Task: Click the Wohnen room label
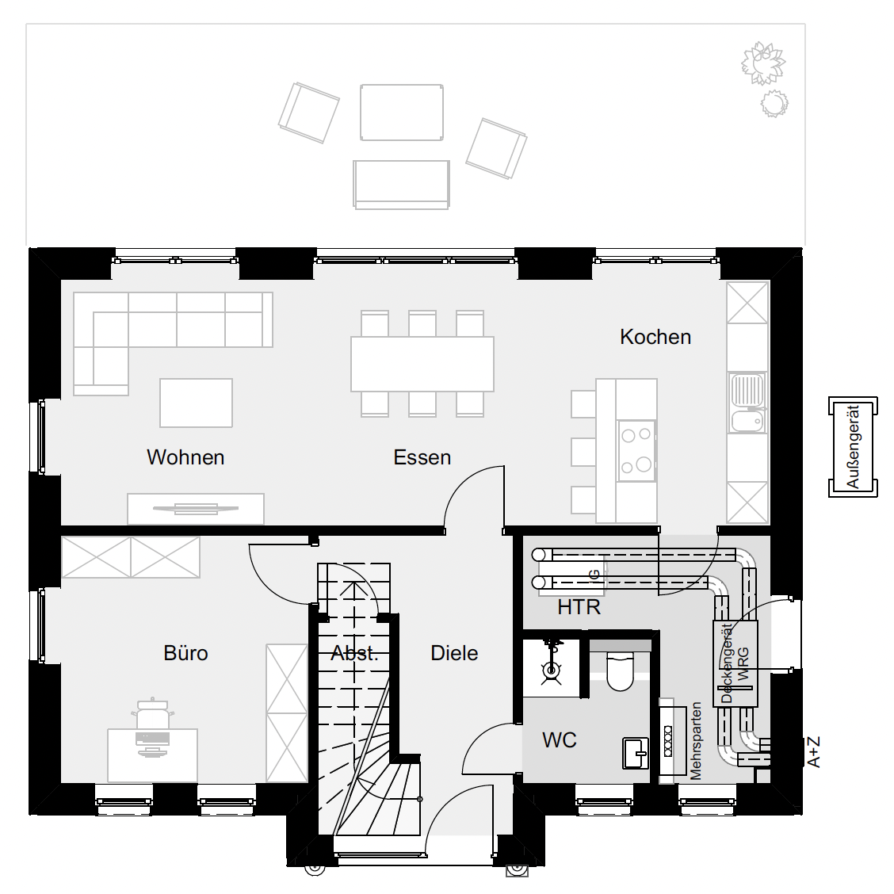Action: coord(185,457)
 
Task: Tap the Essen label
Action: coord(422,457)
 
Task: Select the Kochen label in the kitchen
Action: coord(655,337)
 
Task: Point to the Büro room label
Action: coord(186,653)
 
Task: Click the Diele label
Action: coord(454,653)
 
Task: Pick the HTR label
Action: coord(579,607)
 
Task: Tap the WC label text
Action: coord(560,740)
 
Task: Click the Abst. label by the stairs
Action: coord(354,653)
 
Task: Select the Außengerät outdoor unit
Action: coord(852,447)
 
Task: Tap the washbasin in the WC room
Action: coord(636,753)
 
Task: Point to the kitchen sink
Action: coord(747,403)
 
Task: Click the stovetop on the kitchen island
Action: coord(637,450)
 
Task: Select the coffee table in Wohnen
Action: coord(196,403)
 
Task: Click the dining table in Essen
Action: coord(422,364)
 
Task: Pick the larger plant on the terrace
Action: coord(763,63)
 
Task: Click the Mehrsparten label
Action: coord(696,740)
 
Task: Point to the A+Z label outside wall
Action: coord(814,752)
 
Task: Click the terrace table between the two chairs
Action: coord(402,113)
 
